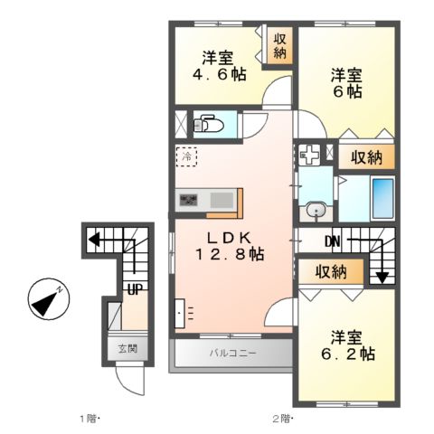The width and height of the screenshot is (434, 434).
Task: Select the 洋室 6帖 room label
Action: tap(347, 82)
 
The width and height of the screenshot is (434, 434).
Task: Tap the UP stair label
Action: tap(133, 289)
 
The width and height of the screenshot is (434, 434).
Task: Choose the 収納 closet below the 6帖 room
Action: tap(366, 156)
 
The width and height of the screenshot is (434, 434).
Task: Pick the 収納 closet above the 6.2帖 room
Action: tap(332, 270)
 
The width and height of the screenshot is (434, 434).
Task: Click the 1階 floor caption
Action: tap(88, 418)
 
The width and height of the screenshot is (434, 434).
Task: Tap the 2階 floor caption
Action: tap(281, 418)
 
